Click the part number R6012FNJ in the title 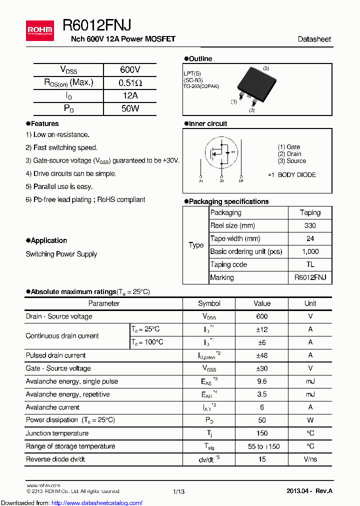click(97, 25)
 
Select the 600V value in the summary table click(130, 70)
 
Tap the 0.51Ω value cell click(130, 83)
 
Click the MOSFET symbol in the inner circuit click(221, 152)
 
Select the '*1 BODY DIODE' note click(291, 175)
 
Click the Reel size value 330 click(310, 226)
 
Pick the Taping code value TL click(310, 265)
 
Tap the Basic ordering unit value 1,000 click(310, 252)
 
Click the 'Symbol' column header click(209, 303)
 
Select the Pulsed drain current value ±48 click(261, 355)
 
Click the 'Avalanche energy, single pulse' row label click(72, 381)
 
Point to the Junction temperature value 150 click(261, 433)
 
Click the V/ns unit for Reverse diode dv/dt click(310, 459)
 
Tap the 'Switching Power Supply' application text click(61, 254)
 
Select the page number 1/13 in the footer click(178, 492)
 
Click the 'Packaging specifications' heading click(228, 201)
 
